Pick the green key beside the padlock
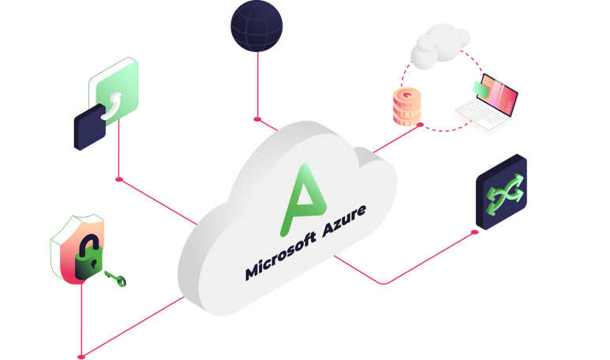coord(114,278)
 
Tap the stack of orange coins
coord(408,107)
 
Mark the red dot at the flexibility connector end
coord(475,231)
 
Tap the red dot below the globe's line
coord(255,119)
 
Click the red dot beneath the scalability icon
coord(118,180)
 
